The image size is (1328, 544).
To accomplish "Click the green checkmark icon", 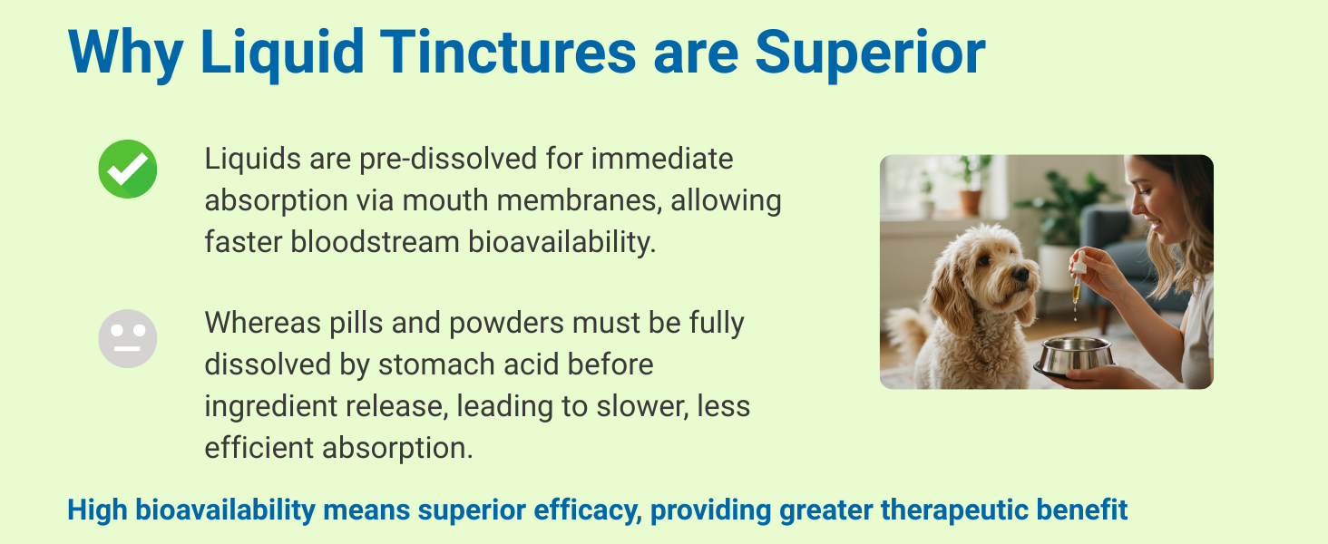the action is (128, 169).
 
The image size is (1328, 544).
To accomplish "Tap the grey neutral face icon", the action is (128, 338).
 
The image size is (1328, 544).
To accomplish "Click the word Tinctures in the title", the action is (508, 53).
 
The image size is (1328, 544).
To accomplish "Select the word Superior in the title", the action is (870, 54).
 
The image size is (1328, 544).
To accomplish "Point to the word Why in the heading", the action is (126, 54).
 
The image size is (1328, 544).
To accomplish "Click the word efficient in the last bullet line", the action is (259, 447).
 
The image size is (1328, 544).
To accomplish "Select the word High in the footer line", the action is (97, 510).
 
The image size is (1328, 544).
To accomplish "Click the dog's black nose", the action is (1020, 273).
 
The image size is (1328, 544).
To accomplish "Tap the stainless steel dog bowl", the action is (1074, 356).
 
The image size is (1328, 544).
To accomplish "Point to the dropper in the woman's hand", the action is (1078, 279).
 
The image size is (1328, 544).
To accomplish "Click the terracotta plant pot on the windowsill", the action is (970, 202).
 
